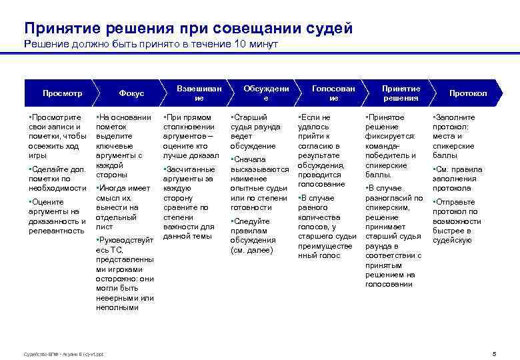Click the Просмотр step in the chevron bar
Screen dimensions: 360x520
62,93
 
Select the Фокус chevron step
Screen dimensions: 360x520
131,93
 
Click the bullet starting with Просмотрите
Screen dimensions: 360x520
57,137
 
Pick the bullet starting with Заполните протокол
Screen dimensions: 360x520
456,137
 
